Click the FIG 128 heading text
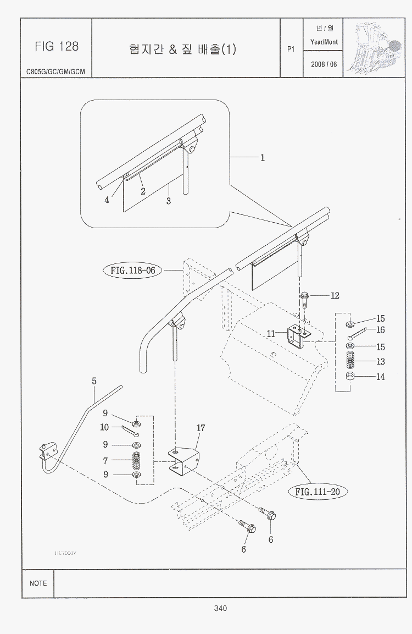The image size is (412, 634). click(x=57, y=47)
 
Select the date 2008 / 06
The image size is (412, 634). click(x=324, y=64)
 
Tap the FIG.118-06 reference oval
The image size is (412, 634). click(x=132, y=271)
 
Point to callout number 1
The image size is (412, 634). click(x=263, y=158)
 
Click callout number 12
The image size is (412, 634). click(x=335, y=295)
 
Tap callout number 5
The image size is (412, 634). click(x=94, y=381)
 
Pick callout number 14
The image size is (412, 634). click(x=380, y=377)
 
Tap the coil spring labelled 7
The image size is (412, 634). click(x=136, y=460)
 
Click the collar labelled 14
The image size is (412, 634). click(x=350, y=377)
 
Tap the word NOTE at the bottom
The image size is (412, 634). click(x=38, y=583)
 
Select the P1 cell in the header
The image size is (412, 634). click(x=291, y=49)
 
